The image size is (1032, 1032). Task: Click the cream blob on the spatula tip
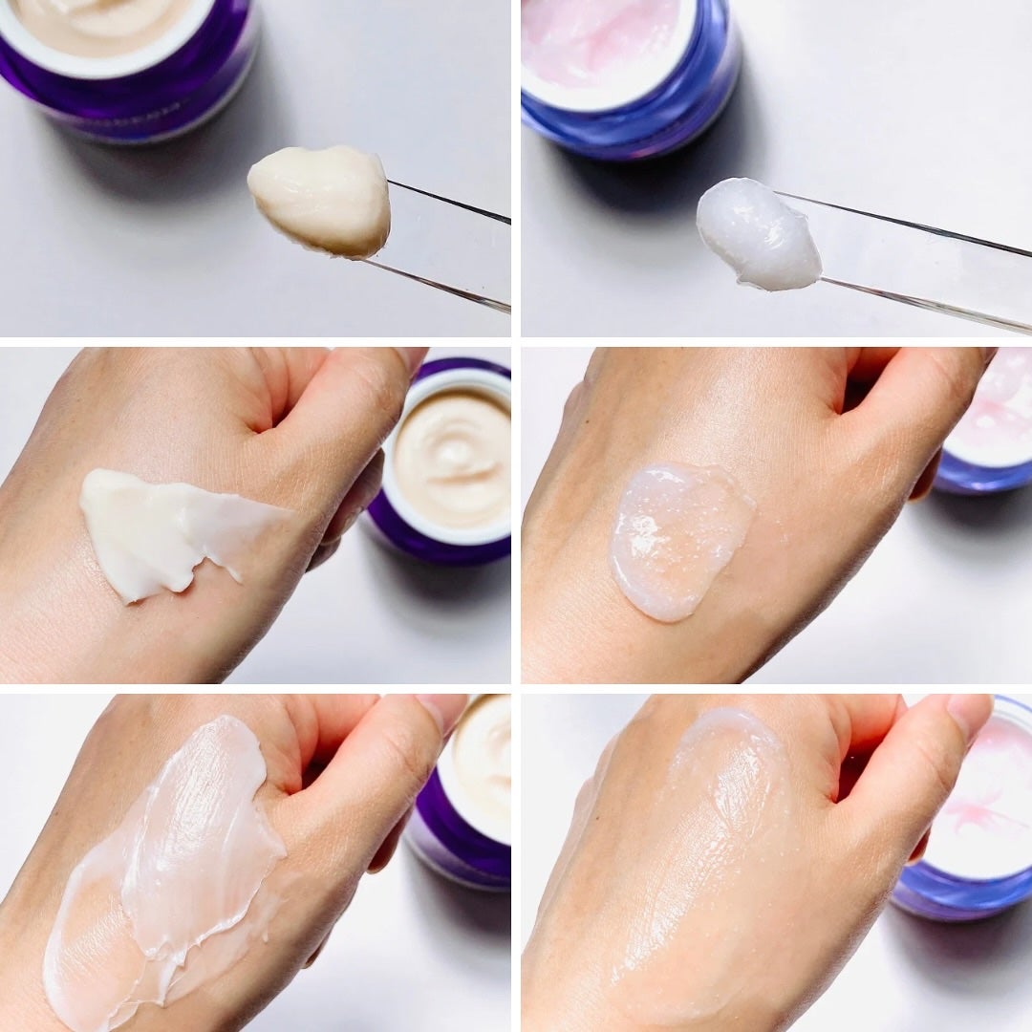320,199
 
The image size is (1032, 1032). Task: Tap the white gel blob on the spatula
758,234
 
